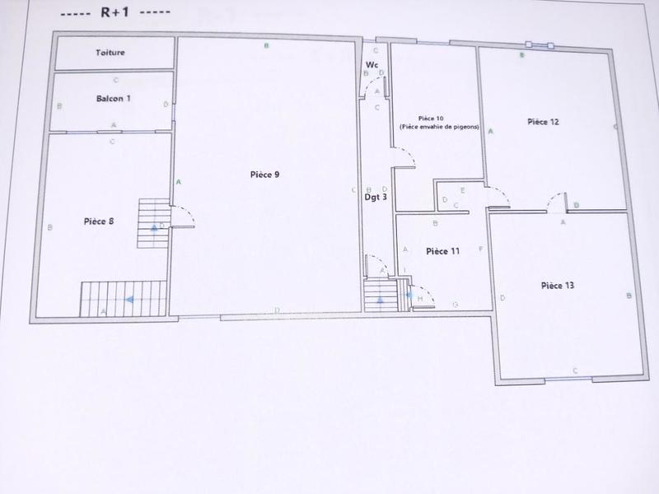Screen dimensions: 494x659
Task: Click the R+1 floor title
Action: point(116,14)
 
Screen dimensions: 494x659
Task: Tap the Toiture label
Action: point(110,53)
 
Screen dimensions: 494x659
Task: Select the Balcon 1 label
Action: point(114,98)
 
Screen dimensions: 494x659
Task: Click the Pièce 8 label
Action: point(99,221)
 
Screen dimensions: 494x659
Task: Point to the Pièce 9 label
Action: point(265,175)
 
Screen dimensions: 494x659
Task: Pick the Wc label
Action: point(372,64)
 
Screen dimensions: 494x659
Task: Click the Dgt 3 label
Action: point(376,197)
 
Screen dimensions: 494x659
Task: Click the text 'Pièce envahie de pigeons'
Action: point(439,128)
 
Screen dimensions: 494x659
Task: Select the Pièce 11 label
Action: point(442,251)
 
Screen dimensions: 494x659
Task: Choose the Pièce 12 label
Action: point(544,122)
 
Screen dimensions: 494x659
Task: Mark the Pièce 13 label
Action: point(558,285)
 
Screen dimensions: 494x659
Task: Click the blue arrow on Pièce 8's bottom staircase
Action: point(129,301)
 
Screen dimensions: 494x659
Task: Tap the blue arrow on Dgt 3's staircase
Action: point(380,300)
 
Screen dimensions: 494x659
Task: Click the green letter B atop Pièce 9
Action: point(266,46)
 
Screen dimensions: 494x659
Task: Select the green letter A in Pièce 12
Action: point(491,132)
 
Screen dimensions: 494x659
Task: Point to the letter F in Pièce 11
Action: point(479,249)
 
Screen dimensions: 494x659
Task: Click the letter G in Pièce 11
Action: point(455,305)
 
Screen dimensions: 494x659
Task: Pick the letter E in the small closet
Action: point(463,191)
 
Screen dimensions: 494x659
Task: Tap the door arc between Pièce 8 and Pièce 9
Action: point(185,215)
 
